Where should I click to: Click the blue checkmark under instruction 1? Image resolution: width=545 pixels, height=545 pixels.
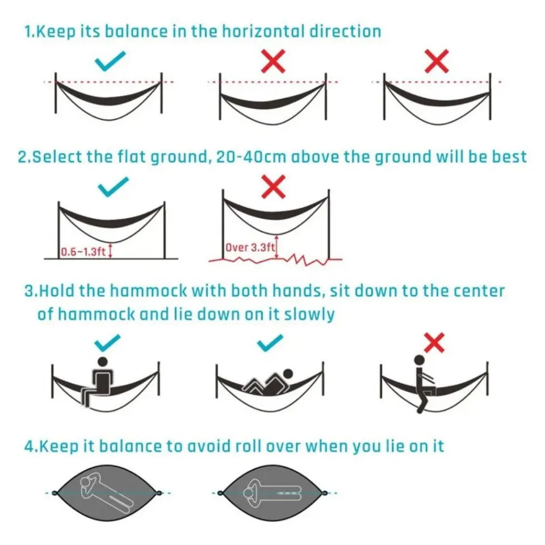111,61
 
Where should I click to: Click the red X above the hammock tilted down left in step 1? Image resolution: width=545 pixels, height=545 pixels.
274,61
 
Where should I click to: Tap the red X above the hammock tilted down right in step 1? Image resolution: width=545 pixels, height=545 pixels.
437,61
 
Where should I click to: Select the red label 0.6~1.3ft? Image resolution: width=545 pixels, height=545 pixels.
83,251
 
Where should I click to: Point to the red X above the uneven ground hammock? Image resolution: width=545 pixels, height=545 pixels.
274,187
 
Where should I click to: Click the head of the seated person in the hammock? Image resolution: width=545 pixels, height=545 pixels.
103,362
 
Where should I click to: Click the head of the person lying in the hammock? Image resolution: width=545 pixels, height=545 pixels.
288,374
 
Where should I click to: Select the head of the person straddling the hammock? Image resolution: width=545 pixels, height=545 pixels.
419,360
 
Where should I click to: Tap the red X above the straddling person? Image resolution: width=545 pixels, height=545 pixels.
434,342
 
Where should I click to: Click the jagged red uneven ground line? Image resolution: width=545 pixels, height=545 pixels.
275,261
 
